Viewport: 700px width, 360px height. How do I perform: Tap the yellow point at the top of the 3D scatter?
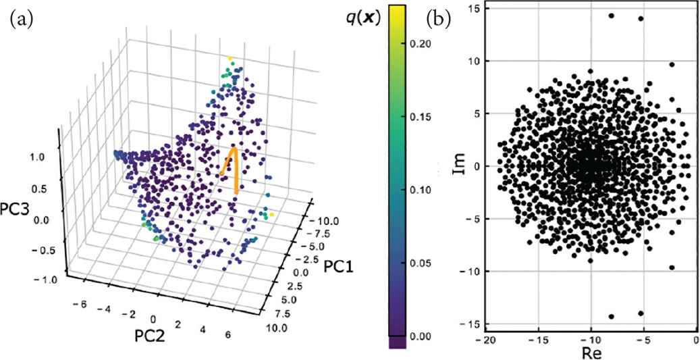(230, 59)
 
